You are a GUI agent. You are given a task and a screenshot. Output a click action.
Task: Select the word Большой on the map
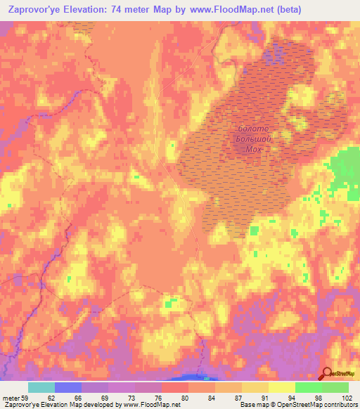[254, 138]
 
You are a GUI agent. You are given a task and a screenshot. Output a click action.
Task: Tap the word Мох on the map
[252, 149]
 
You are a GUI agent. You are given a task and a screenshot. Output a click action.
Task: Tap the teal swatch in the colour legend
[41, 387]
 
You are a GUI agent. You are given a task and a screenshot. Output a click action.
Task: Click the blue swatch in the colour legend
[68, 387]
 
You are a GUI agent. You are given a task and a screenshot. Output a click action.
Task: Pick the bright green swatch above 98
[308, 387]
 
